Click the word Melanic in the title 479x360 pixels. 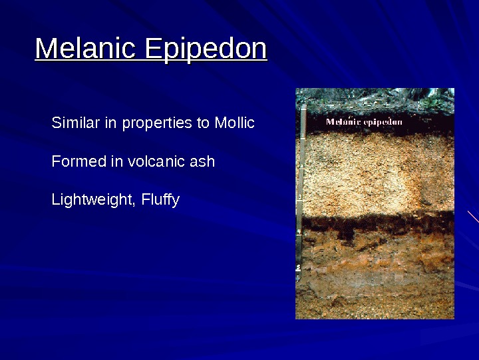(x=86, y=49)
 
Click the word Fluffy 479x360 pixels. (x=160, y=201)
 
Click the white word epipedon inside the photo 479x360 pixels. (x=383, y=123)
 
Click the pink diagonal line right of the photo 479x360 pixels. (x=473, y=216)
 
